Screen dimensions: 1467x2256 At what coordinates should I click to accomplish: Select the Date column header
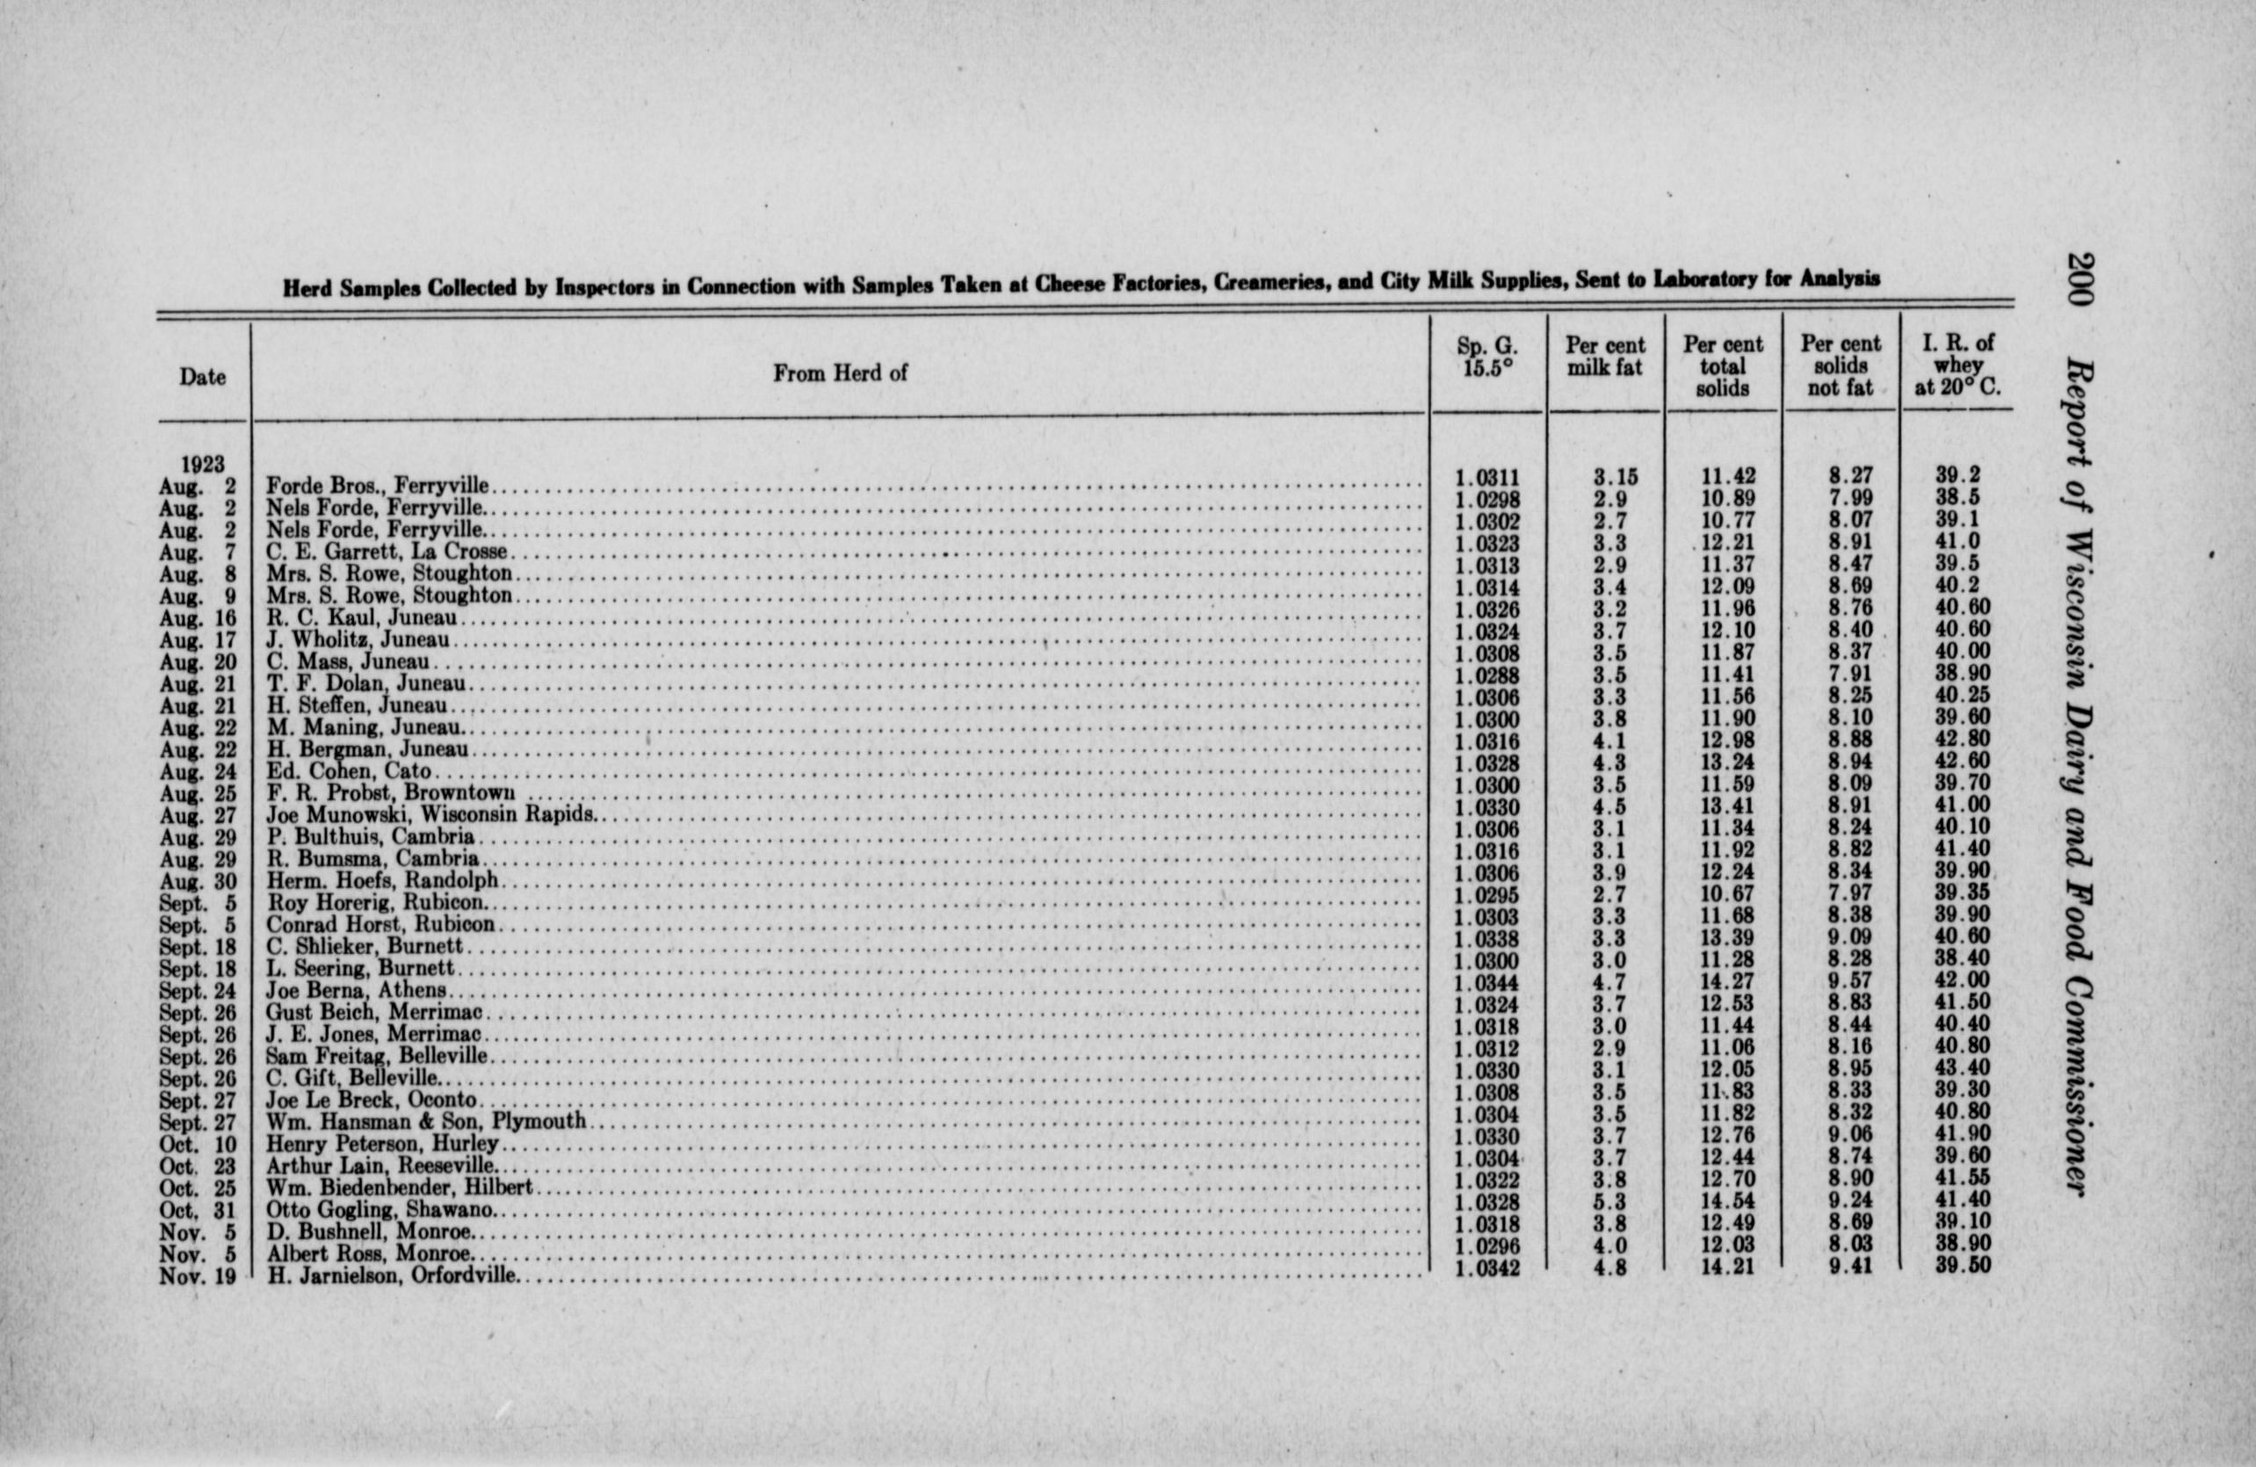[x=202, y=377]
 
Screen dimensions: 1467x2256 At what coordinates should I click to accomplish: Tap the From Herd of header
[x=840, y=373]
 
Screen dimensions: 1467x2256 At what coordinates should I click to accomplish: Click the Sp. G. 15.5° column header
[x=1487, y=358]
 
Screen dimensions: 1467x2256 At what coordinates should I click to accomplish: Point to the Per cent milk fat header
[x=1605, y=357]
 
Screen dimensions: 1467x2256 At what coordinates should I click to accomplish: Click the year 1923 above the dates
[x=203, y=465]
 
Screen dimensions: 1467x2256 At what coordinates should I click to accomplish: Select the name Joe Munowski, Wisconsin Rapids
[x=431, y=815]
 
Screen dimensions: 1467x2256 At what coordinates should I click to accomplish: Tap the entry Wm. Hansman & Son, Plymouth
[x=425, y=1122]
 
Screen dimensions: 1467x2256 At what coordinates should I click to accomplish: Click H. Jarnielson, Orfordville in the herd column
[x=392, y=1275]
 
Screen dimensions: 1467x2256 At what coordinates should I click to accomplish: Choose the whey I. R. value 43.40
[x=1963, y=1069]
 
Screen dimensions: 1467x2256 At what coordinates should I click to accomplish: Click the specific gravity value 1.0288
[x=1487, y=676]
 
